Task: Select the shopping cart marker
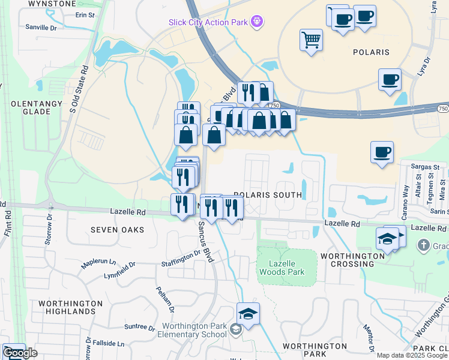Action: [311, 40]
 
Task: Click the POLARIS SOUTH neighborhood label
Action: [268, 195]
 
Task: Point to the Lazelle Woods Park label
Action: [282, 268]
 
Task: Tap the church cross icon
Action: [424, 245]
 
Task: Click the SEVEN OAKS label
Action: [118, 230]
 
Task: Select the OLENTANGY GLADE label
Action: [37, 108]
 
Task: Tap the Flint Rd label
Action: [8, 221]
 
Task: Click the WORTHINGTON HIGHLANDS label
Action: [70, 307]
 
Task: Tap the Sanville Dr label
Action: [41, 27]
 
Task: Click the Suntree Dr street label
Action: [139, 326]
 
